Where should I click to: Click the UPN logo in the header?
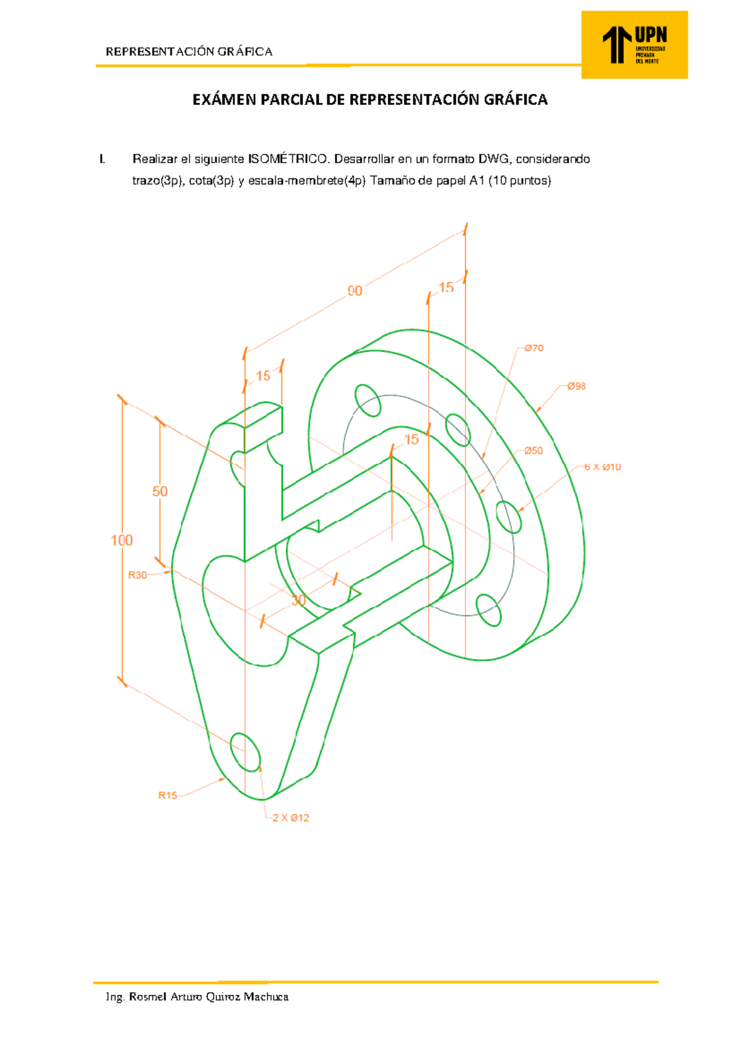pyautogui.click(x=634, y=44)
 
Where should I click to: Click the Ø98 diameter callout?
pyautogui.click(x=576, y=386)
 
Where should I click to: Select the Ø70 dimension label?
pyautogui.click(x=534, y=348)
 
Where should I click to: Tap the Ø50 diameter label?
pyautogui.click(x=534, y=451)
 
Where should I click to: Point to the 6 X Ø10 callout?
pyautogui.click(x=603, y=467)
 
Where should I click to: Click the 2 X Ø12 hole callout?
pyautogui.click(x=291, y=818)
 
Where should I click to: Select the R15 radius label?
pyautogui.click(x=167, y=796)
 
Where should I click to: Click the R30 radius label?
pyautogui.click(x=137, y=575)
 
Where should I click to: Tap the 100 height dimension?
pyautogui.click(x=122, y=541)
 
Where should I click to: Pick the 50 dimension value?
pyautogui.click(x=160, y=491)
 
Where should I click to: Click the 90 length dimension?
pyautogui.click(x=354, y=291)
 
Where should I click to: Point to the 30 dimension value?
pyautogui.click(x=298, y=601)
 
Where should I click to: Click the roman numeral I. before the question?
pyautogui.click(x=102, y=159)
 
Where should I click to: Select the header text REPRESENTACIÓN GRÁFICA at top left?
pyautogui.click(x=189, y=52)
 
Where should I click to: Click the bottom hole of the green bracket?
pyautogui.click(x=246, y=753)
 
